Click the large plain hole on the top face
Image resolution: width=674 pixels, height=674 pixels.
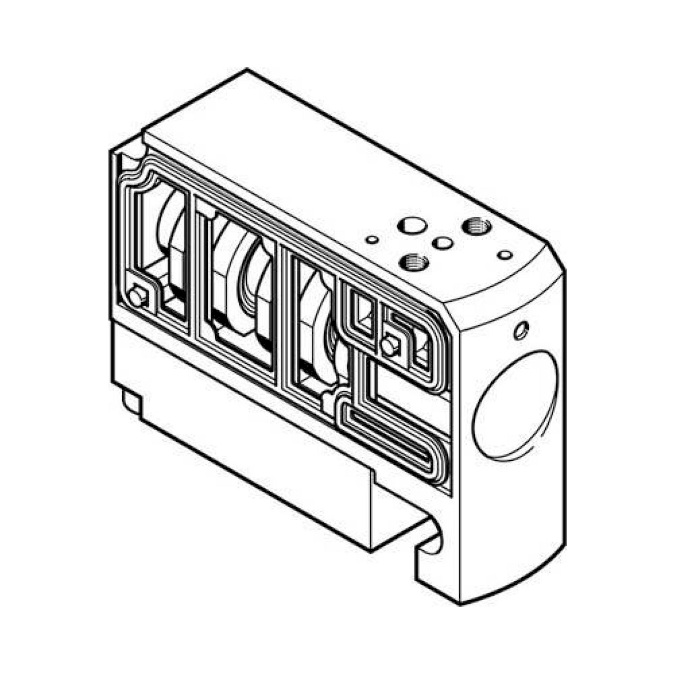[412, 226]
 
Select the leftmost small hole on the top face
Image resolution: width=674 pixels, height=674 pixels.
[372, 240]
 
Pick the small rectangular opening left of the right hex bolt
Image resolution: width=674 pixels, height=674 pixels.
[363, 314]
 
